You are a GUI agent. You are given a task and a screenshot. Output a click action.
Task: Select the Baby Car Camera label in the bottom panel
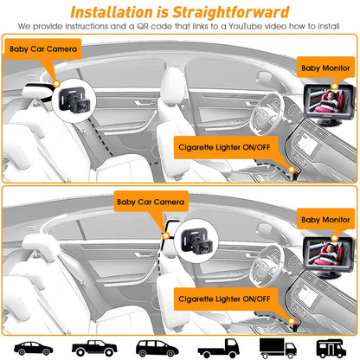tap(151, 202)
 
